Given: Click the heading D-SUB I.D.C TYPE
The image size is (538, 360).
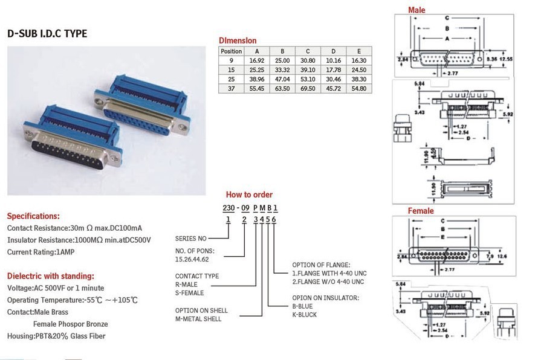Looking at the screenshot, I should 47,34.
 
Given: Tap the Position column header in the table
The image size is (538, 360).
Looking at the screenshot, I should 232,51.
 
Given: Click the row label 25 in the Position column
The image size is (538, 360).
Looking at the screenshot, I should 232,79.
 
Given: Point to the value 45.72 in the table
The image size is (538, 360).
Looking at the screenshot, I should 333,88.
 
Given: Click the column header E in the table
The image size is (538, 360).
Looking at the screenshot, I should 359,51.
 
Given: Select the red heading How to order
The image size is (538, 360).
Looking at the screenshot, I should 249,194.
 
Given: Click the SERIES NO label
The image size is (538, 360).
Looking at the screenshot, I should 190,238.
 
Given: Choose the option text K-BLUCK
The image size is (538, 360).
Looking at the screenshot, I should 304,315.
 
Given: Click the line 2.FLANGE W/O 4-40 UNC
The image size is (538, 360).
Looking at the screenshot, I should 328,281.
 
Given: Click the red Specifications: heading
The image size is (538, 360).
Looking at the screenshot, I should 33,216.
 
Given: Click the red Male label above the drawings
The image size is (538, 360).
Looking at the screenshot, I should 416,10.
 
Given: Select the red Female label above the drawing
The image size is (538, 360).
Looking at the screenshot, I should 421,211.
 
